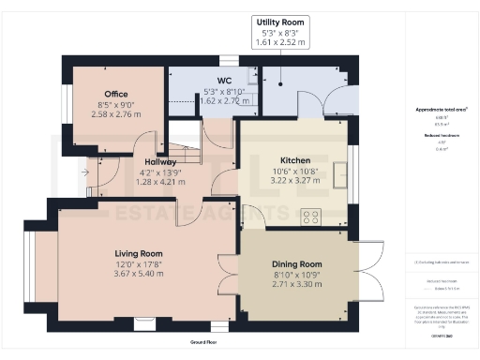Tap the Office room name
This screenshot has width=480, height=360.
pyautogui.click(x=116, y=94)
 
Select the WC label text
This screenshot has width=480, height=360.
pyautogui.click(x=224, y=82)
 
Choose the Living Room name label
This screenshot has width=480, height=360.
pyautogui.click(x=139, y=253)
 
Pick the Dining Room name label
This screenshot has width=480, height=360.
pyautogui.click(x=296, y=264)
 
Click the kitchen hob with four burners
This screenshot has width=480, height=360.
pyautogui.click(x=310, y=217)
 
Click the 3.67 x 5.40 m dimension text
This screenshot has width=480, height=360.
pyautogui.click(x=139, y=273)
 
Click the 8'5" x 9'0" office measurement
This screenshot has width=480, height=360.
pyautogui.click(x=116, y=104)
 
